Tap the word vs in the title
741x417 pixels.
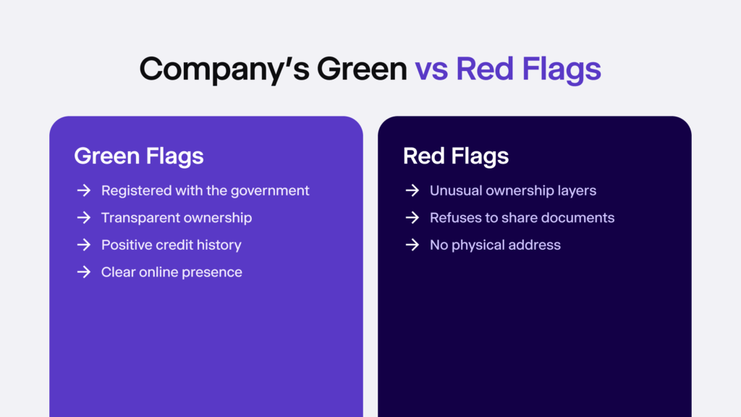pos(431,69)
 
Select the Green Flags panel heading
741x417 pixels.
pos(138,156)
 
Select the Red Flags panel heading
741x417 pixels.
pos(456,156)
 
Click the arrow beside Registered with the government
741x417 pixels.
pos(83,190)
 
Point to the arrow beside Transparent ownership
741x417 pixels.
pos(83,218)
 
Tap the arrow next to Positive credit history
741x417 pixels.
pos(83,245)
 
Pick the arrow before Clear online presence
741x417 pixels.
pos(83,272)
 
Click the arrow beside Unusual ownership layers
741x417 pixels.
pos(412,190)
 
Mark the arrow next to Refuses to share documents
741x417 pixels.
pos(412,218)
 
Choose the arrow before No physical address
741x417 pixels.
pos(412,245)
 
